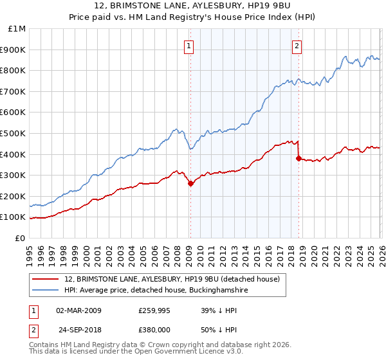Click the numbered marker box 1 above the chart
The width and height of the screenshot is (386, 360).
(190, 46)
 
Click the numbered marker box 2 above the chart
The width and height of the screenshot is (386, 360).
(297, 46)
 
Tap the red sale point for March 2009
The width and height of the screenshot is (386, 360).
(190, 183)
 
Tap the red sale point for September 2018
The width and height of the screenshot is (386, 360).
(299, 158)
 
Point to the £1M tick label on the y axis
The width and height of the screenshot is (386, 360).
(17, 29)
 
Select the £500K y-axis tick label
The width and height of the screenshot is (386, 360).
(14, 133)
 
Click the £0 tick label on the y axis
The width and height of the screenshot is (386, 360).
(21, 238)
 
